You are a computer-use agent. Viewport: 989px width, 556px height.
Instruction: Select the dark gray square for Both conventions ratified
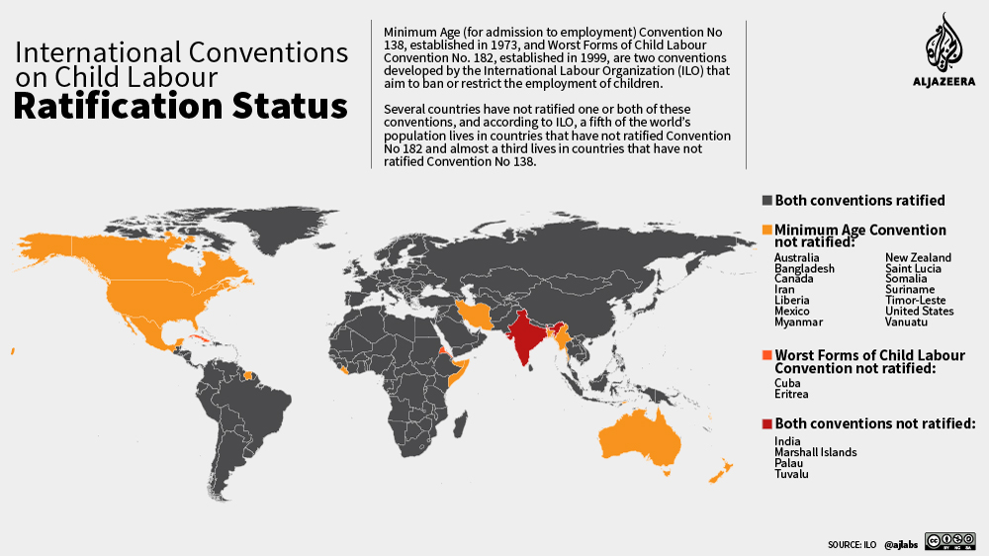(766, 201)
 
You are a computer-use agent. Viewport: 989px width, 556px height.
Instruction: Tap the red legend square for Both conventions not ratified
(766, 423)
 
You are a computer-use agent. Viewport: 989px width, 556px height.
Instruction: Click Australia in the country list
(796, 258)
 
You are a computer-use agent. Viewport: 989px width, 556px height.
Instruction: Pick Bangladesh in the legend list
(804, 269)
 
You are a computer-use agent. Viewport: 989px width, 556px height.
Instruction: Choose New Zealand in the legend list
(918, 258)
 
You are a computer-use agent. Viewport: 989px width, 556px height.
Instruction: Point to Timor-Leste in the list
(915, 301)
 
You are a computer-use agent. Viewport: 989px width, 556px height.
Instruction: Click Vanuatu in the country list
(906, 323)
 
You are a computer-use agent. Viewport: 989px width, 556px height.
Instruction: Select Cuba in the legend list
(788, 383)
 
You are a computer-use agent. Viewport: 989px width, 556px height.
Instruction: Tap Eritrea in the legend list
(791, 394)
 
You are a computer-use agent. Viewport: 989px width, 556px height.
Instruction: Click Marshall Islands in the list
(815, 452)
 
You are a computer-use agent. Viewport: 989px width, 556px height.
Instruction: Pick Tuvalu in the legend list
(791, 474)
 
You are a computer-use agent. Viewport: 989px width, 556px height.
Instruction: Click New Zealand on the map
(719, 472)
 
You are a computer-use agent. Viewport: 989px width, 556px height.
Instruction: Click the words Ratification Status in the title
(180, 106)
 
